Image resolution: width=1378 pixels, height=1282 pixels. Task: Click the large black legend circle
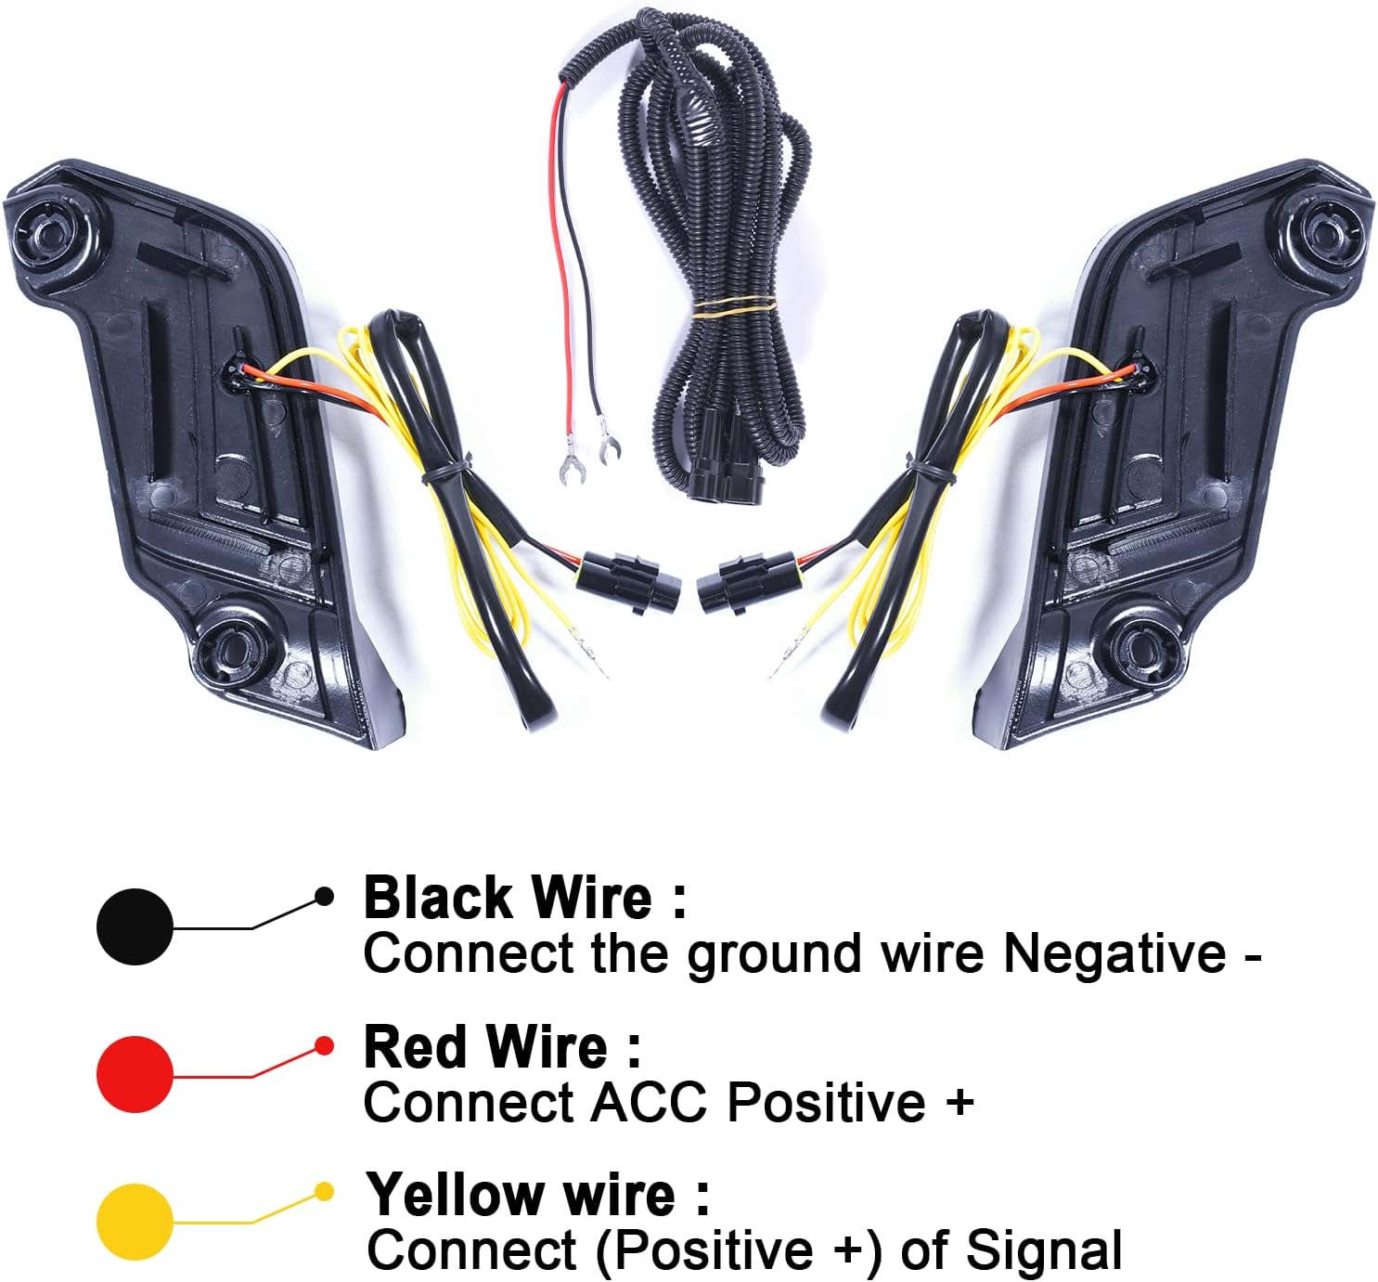(135, 926)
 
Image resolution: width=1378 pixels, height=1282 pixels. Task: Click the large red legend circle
(135, 1074)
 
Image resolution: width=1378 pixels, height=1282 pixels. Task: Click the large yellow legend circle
(135, 1222)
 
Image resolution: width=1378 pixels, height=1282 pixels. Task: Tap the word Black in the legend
(438, 898)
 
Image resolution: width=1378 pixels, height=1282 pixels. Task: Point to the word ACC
(651, 1103)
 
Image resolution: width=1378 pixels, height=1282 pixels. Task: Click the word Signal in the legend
(1043, 1250)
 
